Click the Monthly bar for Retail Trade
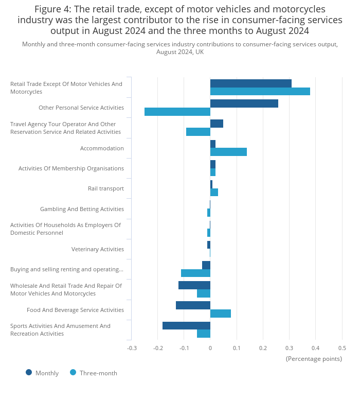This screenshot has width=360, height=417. pos(251,83)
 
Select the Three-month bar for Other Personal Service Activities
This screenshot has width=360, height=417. pos(177,112)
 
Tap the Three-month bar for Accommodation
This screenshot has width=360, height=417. pos(228,152)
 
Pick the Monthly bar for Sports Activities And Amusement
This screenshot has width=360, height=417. pos(186,325)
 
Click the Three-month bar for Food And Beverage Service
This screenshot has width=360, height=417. pos(221,314)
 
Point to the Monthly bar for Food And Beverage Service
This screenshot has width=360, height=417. pos(193,305)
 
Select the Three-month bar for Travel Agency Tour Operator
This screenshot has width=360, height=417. pos(198,132)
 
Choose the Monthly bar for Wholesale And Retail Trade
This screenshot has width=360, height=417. pos(194,285)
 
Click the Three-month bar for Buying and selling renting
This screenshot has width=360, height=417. pos(195,273)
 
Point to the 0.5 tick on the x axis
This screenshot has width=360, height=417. pos(342,348)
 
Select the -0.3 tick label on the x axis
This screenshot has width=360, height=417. pos(132,348)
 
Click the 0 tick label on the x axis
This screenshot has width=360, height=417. pos(210,348)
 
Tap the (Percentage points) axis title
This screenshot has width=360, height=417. pos(314,359)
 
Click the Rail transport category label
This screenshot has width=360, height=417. pos(105,188)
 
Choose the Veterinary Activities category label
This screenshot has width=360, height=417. pos(97,249)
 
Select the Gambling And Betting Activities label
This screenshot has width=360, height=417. pos(82,209)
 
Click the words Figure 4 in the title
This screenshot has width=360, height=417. pos(53,9)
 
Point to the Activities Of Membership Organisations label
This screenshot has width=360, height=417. pos(71,168)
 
